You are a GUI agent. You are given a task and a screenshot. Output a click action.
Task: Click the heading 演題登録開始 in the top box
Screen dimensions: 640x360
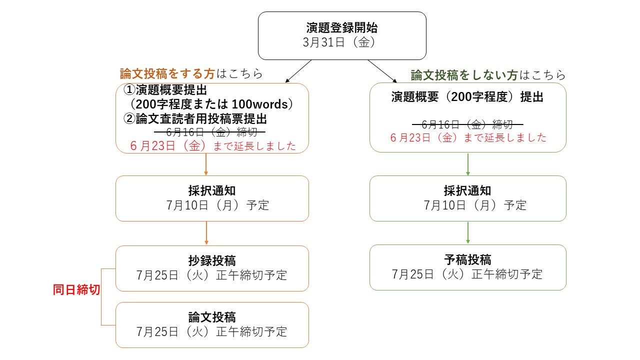tap(341, 28)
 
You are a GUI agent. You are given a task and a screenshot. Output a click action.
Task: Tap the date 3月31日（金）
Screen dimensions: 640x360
tap(339, 42)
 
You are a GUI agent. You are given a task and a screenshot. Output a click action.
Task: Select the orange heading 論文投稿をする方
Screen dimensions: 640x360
tap(167, 73)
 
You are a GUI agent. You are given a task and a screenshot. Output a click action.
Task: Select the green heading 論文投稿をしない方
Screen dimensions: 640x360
tap(464, 75)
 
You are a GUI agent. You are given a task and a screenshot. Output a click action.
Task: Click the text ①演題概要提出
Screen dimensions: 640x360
tap(165, 90)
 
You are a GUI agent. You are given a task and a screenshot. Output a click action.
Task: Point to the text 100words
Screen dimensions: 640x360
tap(259, 104)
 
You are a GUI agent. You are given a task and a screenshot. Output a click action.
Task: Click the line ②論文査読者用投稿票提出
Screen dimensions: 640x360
tap(195, 119)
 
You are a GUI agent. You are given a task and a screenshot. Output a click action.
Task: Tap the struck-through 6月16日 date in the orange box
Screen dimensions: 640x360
tap(209, 132)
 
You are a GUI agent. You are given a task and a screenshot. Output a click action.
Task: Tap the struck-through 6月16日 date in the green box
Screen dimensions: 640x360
tap(467, 124)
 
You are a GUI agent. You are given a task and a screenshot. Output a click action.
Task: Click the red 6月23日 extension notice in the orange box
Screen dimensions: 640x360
tap(213, 146)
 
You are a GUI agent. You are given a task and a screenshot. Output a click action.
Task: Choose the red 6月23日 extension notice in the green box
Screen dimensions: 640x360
tap(468, 137)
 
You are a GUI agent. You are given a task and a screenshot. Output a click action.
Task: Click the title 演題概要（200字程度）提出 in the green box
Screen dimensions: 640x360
tap(467, 97)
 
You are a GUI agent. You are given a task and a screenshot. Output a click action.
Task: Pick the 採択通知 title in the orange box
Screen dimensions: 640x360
tap(212, 191)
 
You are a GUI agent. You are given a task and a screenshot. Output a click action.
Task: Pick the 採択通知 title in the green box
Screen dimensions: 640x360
tap(467, 191)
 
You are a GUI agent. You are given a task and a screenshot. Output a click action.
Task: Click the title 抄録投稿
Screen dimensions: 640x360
tap(212, 260)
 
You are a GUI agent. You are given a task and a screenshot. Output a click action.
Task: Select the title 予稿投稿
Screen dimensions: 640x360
tap(467, 259)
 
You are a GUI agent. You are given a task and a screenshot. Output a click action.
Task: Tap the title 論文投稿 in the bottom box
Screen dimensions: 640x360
tap(212, 317)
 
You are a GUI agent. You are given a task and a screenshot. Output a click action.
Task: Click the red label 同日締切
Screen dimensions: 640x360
tap(76, 289)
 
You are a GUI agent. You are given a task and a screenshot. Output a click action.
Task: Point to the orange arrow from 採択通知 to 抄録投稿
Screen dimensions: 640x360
tap(206, 233)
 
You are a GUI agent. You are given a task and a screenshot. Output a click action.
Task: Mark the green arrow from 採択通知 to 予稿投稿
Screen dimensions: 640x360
tap(467, 233)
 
